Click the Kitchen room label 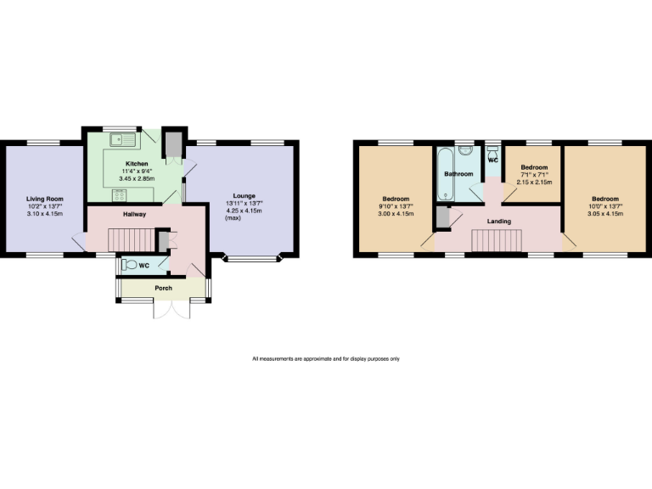[x=138, y=164]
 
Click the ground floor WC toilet [x=130, y=265]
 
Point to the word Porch [x=163, y=289]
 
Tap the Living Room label [x=44, y=200]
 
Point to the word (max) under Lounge [x=233, y=218]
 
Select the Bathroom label [x=459, y=174]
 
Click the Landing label [x=498, y=222]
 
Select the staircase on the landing [x=494, y=241]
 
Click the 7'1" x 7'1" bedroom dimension [x=534, y=175]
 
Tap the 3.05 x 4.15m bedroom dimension [x=606, y=215]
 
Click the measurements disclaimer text [x=326, y=359]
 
